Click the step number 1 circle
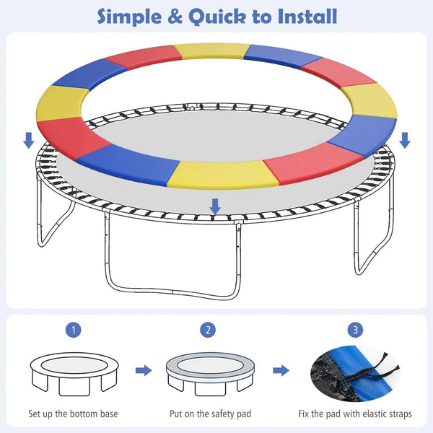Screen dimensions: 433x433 tap(75, 330)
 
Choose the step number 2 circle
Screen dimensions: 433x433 tap(209, 330)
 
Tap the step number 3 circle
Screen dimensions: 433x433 tap(354, 330)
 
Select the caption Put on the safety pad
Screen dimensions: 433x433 tap(209, 414)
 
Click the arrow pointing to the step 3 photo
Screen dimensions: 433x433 tap(281, 371)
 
